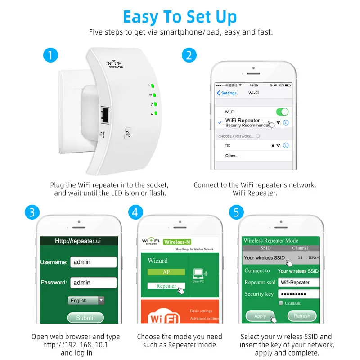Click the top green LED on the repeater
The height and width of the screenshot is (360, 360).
[153, 86]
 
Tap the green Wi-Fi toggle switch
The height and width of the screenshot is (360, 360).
[282, 112]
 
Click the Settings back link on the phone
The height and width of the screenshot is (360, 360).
[227, 93]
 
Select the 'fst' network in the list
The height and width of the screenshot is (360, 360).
[228, 145]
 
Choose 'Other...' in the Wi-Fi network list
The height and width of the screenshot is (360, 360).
[232, 156]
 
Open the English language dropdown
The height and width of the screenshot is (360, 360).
[86, 300]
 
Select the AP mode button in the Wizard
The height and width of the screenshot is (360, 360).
[166, 272]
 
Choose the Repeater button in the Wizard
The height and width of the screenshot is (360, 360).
[166, 286]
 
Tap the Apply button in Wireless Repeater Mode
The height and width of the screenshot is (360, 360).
[260, 316]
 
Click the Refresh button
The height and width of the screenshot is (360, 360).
[302, 316]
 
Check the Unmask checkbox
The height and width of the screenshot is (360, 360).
[281, 303]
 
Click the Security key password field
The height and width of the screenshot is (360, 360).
[298, 294]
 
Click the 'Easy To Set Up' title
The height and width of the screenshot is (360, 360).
[180, 17]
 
